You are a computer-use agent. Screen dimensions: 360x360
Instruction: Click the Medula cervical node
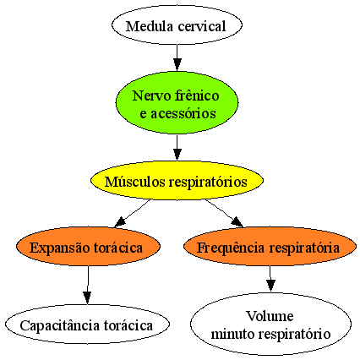click(177, 25)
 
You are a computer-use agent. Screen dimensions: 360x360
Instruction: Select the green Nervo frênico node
click(177, 102)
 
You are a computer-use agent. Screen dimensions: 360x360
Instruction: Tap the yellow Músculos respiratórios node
click(177, 181)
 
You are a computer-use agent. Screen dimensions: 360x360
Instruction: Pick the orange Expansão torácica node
click(88, 247)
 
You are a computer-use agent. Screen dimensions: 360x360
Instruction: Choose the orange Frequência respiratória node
click(270, 247)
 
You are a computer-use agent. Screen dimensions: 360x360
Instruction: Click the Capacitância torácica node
click(87, 324)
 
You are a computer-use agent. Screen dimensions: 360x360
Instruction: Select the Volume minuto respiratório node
click(270, 324)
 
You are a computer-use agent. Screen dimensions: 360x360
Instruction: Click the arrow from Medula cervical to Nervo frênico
click(177, 57)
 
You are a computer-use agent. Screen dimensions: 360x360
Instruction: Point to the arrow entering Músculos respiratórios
click(177, 148)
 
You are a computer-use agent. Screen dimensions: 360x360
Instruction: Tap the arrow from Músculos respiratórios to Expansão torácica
click(132, 213)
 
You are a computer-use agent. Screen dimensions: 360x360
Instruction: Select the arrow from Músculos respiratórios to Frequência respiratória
click(224, 213)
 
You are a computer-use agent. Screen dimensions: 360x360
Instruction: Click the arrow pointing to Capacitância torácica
click(88, 285)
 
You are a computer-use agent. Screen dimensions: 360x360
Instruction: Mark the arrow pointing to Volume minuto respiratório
click(270, 279)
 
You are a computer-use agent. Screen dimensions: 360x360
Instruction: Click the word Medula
click(150, 26)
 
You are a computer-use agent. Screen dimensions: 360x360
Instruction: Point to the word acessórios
click(183, 114)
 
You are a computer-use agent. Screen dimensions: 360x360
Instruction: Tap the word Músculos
click(135, 182)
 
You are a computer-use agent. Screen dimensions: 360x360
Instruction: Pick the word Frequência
click(231, 248)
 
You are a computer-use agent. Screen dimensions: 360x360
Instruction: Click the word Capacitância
click(60, 325)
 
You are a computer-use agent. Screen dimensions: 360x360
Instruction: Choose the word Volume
click(270, 316)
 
